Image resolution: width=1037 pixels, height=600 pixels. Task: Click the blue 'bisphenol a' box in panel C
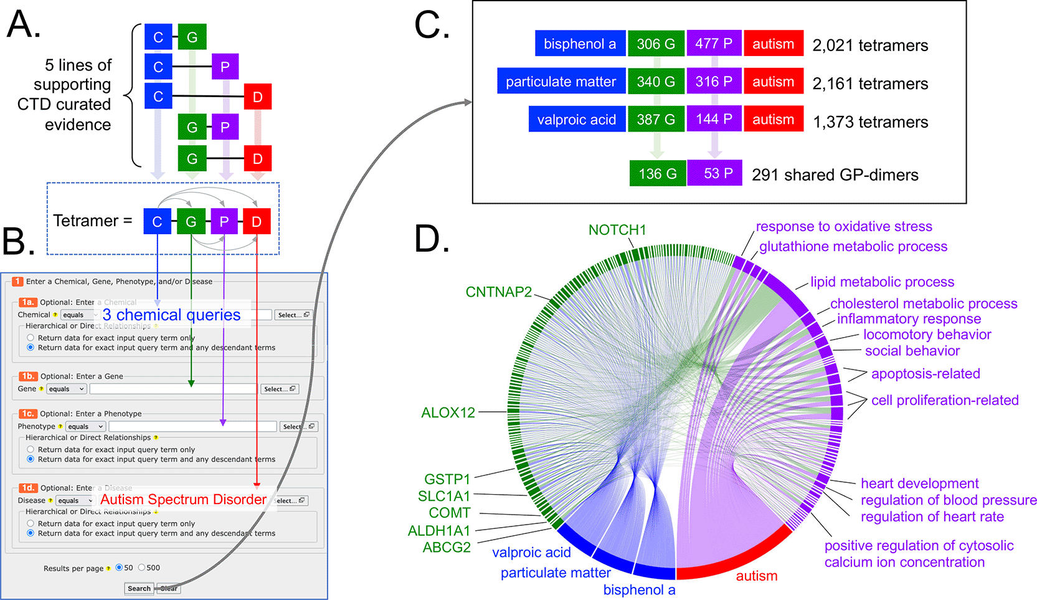tap(580, 44)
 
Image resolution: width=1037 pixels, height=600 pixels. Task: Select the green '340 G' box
tap(656, 82)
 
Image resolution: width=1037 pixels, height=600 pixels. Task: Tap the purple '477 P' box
tap(714, 44)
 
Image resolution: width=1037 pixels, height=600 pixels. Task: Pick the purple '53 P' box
tap(715, 173)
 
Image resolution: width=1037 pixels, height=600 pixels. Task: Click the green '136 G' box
tap(657, 173)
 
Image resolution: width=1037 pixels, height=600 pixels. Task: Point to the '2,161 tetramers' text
tap(870, 83)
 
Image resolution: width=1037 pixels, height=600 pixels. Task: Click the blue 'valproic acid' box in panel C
tap(576, 120)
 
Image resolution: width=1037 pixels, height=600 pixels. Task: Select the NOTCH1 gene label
tap(617, 230)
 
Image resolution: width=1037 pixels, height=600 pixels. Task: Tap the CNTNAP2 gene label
tap(498, 292)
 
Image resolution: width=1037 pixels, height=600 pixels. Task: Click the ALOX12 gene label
tap(448, 412)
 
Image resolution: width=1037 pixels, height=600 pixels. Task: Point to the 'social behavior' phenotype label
tap(912, 351)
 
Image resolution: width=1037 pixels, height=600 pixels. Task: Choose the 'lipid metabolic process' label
tap(882, 282)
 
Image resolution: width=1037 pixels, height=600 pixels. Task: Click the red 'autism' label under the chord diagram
tap(756, 576)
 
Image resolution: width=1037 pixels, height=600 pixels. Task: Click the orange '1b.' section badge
tap(28, 376)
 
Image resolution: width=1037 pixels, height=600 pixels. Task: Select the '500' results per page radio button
tap(142, 568)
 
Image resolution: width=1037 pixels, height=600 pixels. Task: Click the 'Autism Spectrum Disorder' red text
tap(183, 500)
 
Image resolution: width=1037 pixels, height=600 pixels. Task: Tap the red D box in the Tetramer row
tap(257, 221)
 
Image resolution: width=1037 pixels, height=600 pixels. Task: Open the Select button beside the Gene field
tap(279, 389)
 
